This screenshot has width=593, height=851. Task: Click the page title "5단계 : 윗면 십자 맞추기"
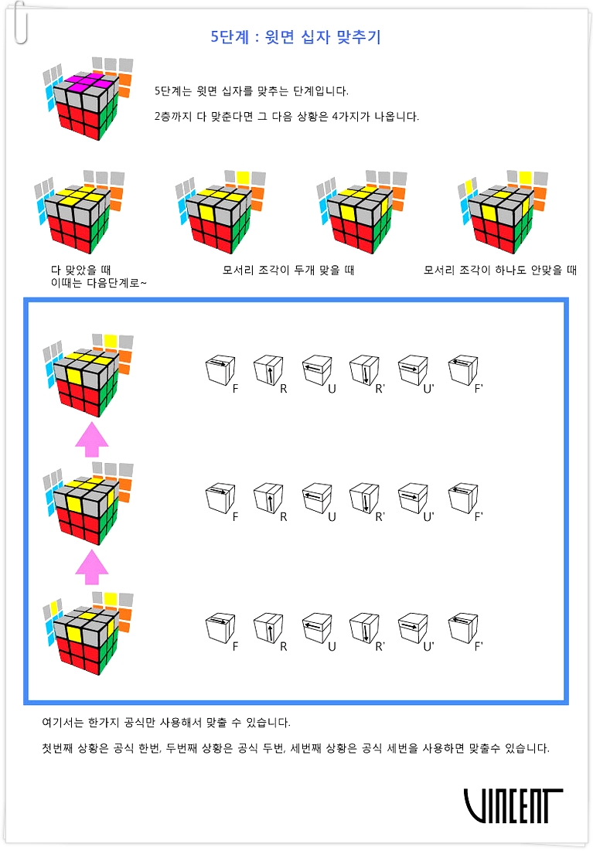coord(296,37)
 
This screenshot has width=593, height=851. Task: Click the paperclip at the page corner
coord(21,22)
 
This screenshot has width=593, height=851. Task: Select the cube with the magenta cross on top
coord(87,97)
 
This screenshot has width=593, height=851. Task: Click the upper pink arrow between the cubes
coord(92,440)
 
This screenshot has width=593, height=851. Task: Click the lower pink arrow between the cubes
coord(92,567)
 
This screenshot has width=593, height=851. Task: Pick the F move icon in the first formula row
coord(221,373)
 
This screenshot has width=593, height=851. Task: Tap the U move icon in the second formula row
coord(318,500)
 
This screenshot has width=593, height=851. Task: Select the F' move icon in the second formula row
coord(463,500)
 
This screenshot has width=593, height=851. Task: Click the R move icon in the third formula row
coord(269,630)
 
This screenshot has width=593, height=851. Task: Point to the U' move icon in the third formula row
coord(414,630)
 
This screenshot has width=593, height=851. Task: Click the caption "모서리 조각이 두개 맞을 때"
coord(288,270)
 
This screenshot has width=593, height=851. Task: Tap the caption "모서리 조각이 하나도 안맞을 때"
coord(500,270)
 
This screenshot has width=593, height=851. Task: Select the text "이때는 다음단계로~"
coord(98,283)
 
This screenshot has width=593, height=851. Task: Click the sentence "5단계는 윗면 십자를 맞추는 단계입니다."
coord(251,90)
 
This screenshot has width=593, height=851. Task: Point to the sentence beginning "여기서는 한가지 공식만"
coord(166,723)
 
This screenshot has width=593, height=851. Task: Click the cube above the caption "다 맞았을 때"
coord(79,212)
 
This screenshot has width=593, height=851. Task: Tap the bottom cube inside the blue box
coord(87,633)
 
